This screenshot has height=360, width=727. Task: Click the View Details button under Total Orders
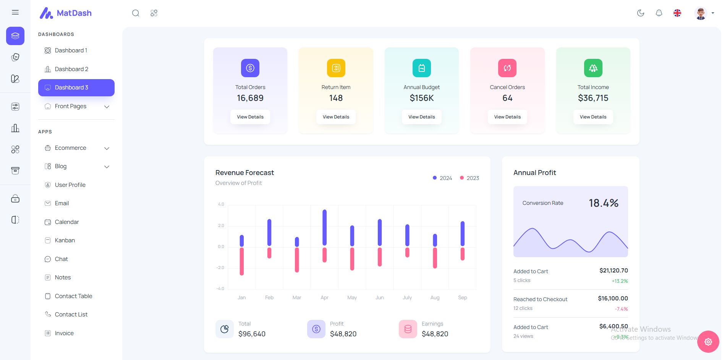[x=250, y=117]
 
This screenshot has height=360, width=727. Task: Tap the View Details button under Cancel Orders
[x=507, y=117]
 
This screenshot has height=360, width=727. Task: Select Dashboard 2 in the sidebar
[x=71, y=69]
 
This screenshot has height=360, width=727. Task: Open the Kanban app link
[x=65, y=240]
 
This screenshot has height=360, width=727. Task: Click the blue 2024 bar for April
[x=324, y=227]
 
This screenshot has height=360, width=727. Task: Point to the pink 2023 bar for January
[x=241, y=261]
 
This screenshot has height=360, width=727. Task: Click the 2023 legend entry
[x=470, y=178]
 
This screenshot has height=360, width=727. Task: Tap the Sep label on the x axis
[x=462, y=298]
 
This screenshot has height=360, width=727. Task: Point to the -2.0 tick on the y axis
[x=220, y=268]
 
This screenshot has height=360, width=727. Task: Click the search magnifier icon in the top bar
[x=136, y=13]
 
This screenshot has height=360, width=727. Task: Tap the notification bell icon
[x=659, y=13]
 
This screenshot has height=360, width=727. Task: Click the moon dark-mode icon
[x=641, y=13]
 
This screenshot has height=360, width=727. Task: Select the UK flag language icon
[x=677, y=13]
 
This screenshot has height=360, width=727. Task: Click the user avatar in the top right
[x=701, y=13]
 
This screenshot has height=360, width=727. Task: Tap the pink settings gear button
[x=708, y=342]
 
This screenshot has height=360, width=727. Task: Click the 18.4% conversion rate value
[x=603, y=203]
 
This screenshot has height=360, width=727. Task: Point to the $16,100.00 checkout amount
[x=613, y=298]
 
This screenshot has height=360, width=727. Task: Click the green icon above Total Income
[x=593, y=68]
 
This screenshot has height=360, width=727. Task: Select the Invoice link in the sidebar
[x=64, y=333]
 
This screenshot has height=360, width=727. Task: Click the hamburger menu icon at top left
[x=15, y=13]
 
